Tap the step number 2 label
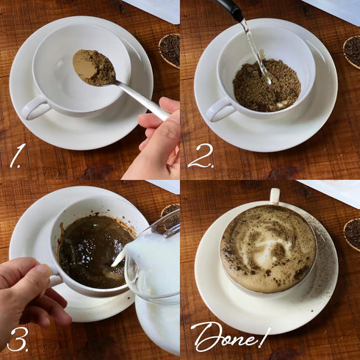pos(201,156)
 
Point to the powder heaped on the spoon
pos(94,68)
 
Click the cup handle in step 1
pos(35,108)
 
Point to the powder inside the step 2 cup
pos(267,86)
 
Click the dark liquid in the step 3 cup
pos(94,252)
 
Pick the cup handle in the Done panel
pos(275,196)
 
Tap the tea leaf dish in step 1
pos(170,51)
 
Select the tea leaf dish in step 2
pos(352,52)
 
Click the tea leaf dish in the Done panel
pos(352,233)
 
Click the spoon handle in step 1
pos(142,100)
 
